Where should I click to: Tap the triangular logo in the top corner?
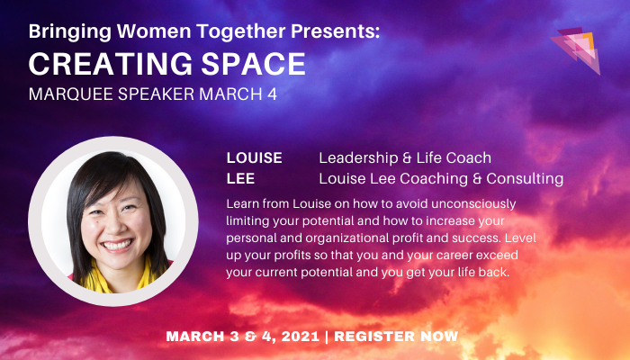(576, 49)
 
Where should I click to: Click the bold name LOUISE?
(254, 158)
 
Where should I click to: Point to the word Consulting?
(526, 178)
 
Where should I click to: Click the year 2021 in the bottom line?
(296, 337)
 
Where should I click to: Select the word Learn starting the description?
(245, 202)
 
